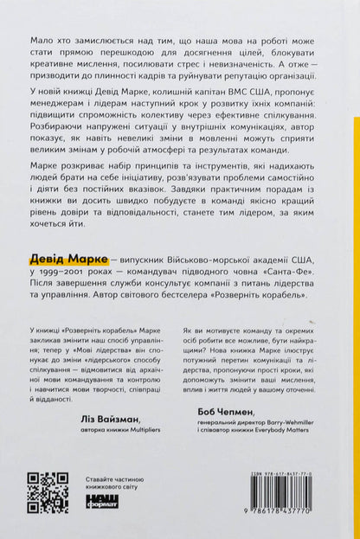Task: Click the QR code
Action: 48,492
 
